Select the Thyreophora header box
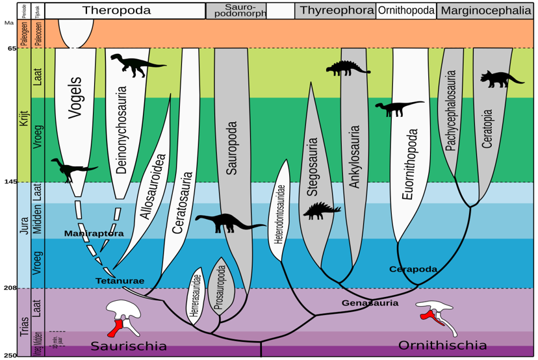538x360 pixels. point(337,10)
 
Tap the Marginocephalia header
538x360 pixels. point(485,10)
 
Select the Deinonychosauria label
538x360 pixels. point(122,130)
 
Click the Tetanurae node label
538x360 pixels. point(119,281)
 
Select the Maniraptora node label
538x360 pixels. point(94,233)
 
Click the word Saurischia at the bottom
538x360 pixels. point(128,346)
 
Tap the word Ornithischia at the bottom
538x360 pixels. point(442,345)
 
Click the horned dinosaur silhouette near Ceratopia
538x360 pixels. point(501,79)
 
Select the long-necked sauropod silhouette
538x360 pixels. point(229,223)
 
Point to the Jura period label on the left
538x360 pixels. point(25,235)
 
